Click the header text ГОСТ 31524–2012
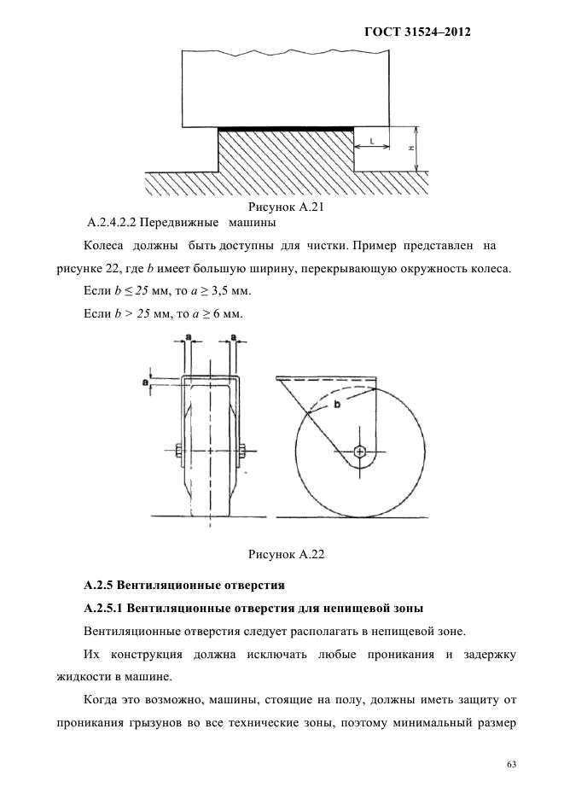click(x=418, y=32)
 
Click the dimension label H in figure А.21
click(x=411, y=148)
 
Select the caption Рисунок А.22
click(x=282, y=555)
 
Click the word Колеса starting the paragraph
click(x=105, y=247)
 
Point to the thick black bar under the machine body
click(x=287, y=129)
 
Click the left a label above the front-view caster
click(x=188, y=338)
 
